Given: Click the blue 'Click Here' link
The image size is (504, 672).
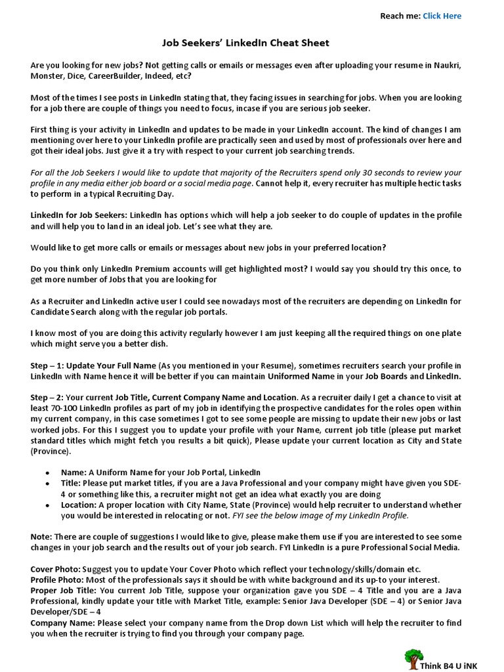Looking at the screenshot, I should (442, 16).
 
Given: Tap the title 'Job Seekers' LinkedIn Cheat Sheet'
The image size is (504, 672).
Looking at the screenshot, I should (245, 43).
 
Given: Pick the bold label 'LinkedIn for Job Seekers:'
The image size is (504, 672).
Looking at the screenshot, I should (79, 215).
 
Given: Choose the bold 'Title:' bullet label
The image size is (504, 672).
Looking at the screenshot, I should (72, 483).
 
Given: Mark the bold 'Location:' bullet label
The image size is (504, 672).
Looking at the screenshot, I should (79, 505).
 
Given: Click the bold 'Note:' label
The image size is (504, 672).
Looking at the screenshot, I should (42, 537).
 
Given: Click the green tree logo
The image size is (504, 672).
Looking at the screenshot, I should (413, 659).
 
